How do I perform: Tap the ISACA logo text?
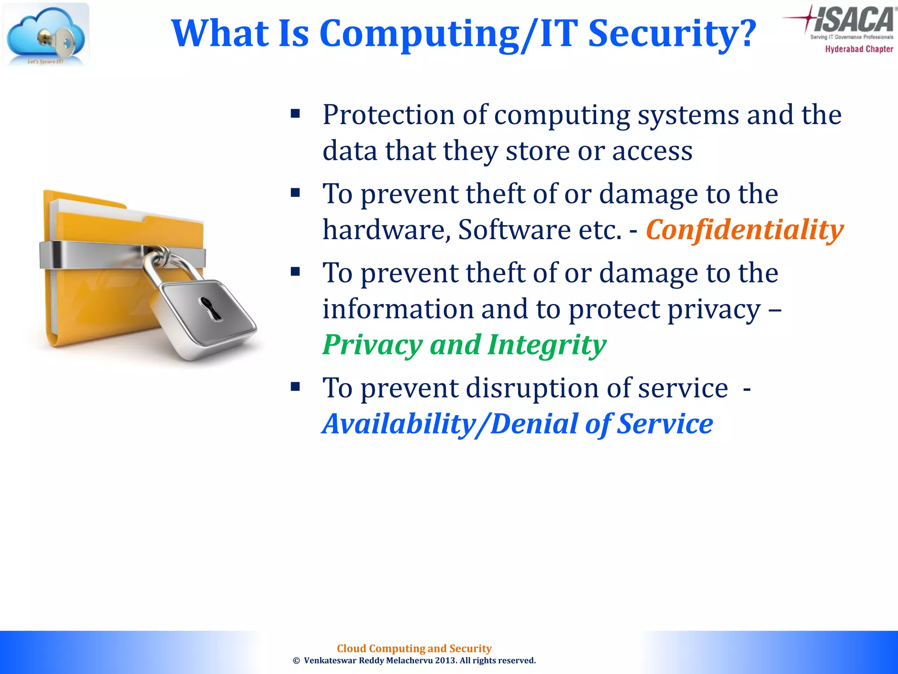coord(853,20)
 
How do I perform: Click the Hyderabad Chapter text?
coord(859,49)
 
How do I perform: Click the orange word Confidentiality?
coord(744,229)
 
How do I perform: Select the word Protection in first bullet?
coord(388,115)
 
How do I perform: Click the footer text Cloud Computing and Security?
coord(414,649)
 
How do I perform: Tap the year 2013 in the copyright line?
coord(445,660)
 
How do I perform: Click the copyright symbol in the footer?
coord(296,661)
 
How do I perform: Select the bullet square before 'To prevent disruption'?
coord(295,387)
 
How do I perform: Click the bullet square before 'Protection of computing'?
coord(295,114)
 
